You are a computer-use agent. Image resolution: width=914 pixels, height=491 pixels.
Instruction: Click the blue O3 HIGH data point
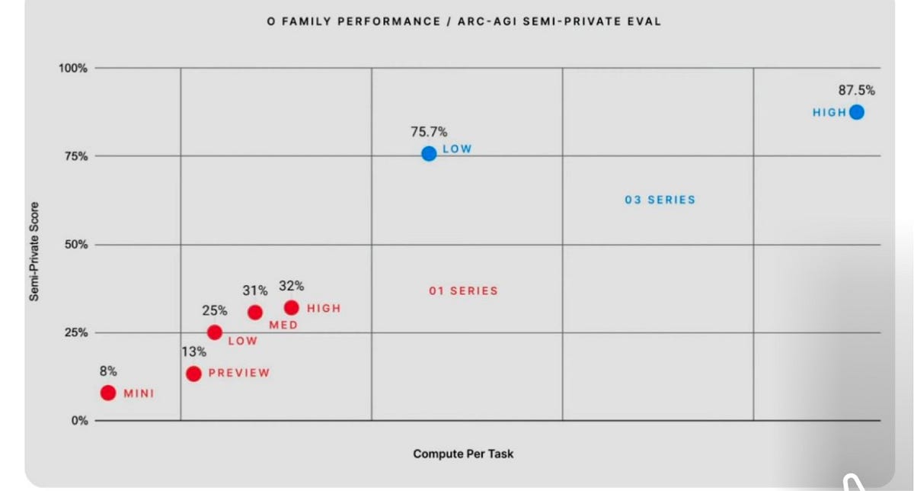[x=856, y=112]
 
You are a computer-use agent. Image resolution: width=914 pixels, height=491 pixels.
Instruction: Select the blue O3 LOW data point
[x=429, y=153]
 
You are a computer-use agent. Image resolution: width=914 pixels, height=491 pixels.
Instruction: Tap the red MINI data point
[x=108, y=393]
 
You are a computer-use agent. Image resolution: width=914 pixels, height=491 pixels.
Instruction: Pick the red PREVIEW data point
[x=193, y=374]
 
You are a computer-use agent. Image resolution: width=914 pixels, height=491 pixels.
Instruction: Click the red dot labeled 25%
[x=215, y=332]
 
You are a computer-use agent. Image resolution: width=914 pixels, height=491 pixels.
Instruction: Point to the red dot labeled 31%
[x=255, y=313]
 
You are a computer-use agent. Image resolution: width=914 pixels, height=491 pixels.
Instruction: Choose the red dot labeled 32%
[x=291, y=307]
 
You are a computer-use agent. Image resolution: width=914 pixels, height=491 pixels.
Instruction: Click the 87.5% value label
[x=856, y=90]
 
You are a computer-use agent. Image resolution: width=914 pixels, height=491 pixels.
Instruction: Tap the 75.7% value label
[x=429, y=132]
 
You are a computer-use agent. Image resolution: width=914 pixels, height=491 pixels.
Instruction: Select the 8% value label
[x=108, y=371]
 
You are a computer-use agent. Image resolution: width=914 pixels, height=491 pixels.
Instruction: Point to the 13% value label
[x=193, y=351]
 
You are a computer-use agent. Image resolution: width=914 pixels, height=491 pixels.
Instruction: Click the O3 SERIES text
[x=660, y=200]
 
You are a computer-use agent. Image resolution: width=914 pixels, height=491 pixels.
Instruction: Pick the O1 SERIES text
[x=463, y=290]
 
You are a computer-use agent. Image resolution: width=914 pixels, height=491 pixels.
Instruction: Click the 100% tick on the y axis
[x=73, y=68]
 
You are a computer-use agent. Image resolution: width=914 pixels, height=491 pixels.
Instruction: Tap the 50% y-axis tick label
[x=76, y=245]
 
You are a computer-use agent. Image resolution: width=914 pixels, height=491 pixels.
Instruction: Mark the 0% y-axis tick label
[x=79, y=421]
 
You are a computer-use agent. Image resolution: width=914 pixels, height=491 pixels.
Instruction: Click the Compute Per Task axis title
[x=463, y=454]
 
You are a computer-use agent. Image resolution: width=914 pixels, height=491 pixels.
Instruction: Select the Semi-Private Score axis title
[x=34, y=252]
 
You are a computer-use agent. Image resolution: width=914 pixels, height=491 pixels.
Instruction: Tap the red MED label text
[x=283, y=325]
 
